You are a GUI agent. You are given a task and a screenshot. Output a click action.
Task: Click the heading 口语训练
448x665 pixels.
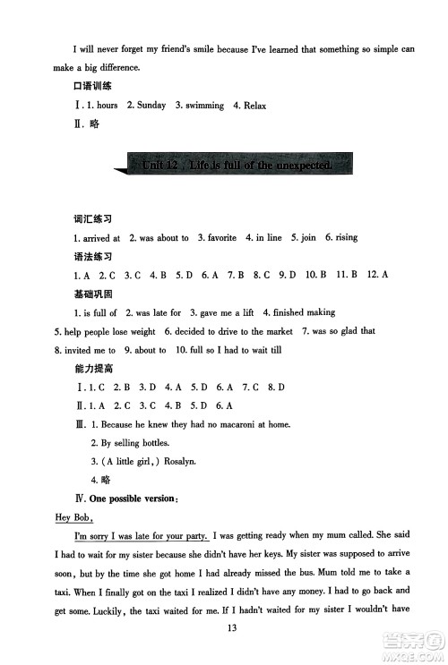(x=92, y=86)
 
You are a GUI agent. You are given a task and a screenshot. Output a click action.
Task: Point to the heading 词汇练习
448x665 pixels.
(x=92, y=219)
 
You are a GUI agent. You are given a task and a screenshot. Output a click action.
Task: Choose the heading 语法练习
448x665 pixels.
(x=92, y=257)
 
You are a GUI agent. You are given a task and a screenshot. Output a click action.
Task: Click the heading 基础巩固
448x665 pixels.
(x=92, y=294)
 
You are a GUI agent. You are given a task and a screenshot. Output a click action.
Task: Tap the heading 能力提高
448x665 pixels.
(x=92, y=369)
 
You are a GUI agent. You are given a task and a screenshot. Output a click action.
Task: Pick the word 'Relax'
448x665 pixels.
(x=253, y=106)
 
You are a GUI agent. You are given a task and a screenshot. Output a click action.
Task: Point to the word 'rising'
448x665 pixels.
(x=346, y=238)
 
